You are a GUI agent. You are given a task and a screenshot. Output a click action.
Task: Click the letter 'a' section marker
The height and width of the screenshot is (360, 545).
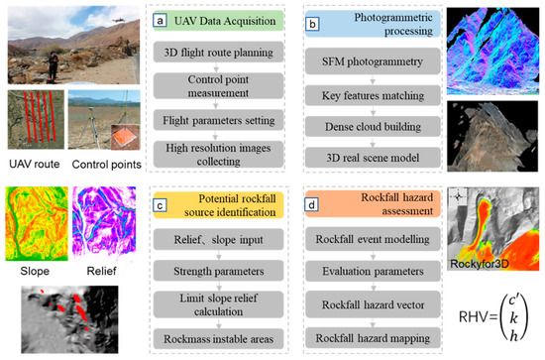click(145, 20)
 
